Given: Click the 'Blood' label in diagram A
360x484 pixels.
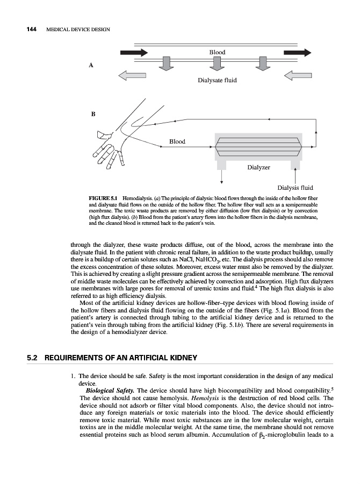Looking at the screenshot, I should point(217,52).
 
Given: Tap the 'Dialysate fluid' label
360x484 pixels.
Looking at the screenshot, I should point(217,80).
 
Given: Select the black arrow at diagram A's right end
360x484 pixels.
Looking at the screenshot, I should point(297,53).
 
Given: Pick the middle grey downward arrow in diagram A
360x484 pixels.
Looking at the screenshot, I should point(217,63).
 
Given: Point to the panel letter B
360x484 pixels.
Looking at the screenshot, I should point(93,114).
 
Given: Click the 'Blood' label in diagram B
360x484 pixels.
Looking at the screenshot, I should point(177,141).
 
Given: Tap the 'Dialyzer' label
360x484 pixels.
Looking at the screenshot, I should point(259,167).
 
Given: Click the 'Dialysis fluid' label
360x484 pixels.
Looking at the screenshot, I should point(295,188).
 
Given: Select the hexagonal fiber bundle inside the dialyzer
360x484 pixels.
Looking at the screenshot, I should point(257,145).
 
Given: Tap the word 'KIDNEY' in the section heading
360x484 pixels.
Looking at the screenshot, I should point(183,358).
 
